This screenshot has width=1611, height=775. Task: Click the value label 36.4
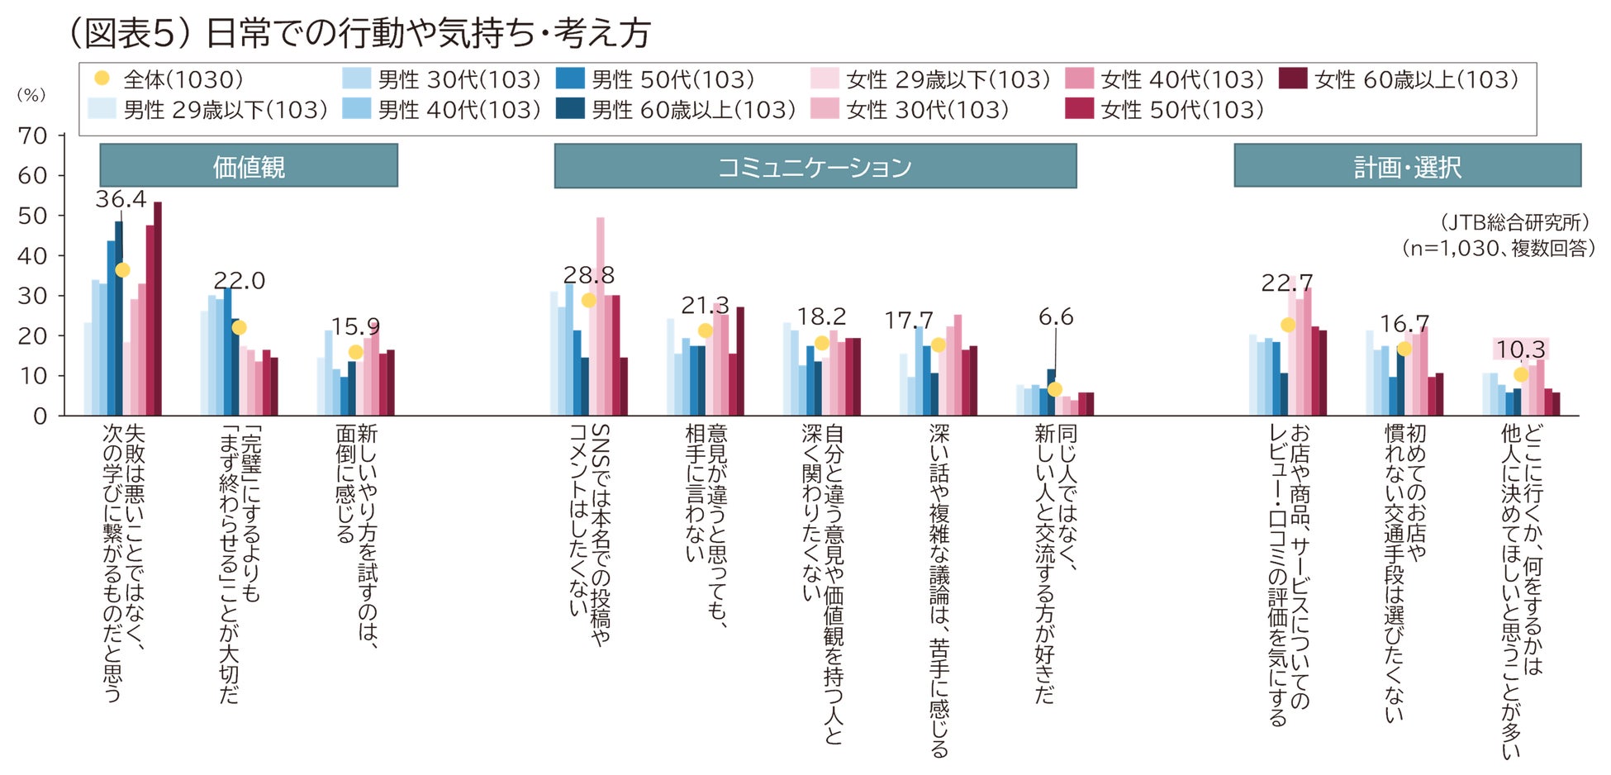coord(121,199)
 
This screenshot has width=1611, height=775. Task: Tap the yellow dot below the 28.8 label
coord(589,300)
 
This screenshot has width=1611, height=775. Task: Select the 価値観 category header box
coord(249,166)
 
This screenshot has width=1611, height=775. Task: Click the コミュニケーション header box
coord(815,166)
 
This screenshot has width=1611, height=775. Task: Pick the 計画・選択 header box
coord(1407,166)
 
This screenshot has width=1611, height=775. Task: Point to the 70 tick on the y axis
coord(33,136)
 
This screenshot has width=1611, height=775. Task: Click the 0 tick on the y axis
coord(40,416)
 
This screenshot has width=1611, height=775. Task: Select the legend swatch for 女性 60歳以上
coord(1293,79)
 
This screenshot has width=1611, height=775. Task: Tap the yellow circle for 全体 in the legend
coord(102,78)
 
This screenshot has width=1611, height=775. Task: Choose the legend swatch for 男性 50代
coord(570,79)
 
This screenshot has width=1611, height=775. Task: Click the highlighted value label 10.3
coord(1520,349)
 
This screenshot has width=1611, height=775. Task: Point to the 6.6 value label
coord(1056,317)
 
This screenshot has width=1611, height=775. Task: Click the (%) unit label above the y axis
coord(31,95)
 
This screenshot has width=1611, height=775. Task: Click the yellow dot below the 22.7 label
coord(1288,325)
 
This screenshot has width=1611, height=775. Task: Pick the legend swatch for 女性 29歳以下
coord(825,79)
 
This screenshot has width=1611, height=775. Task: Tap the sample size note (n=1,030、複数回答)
coord(1498,248)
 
